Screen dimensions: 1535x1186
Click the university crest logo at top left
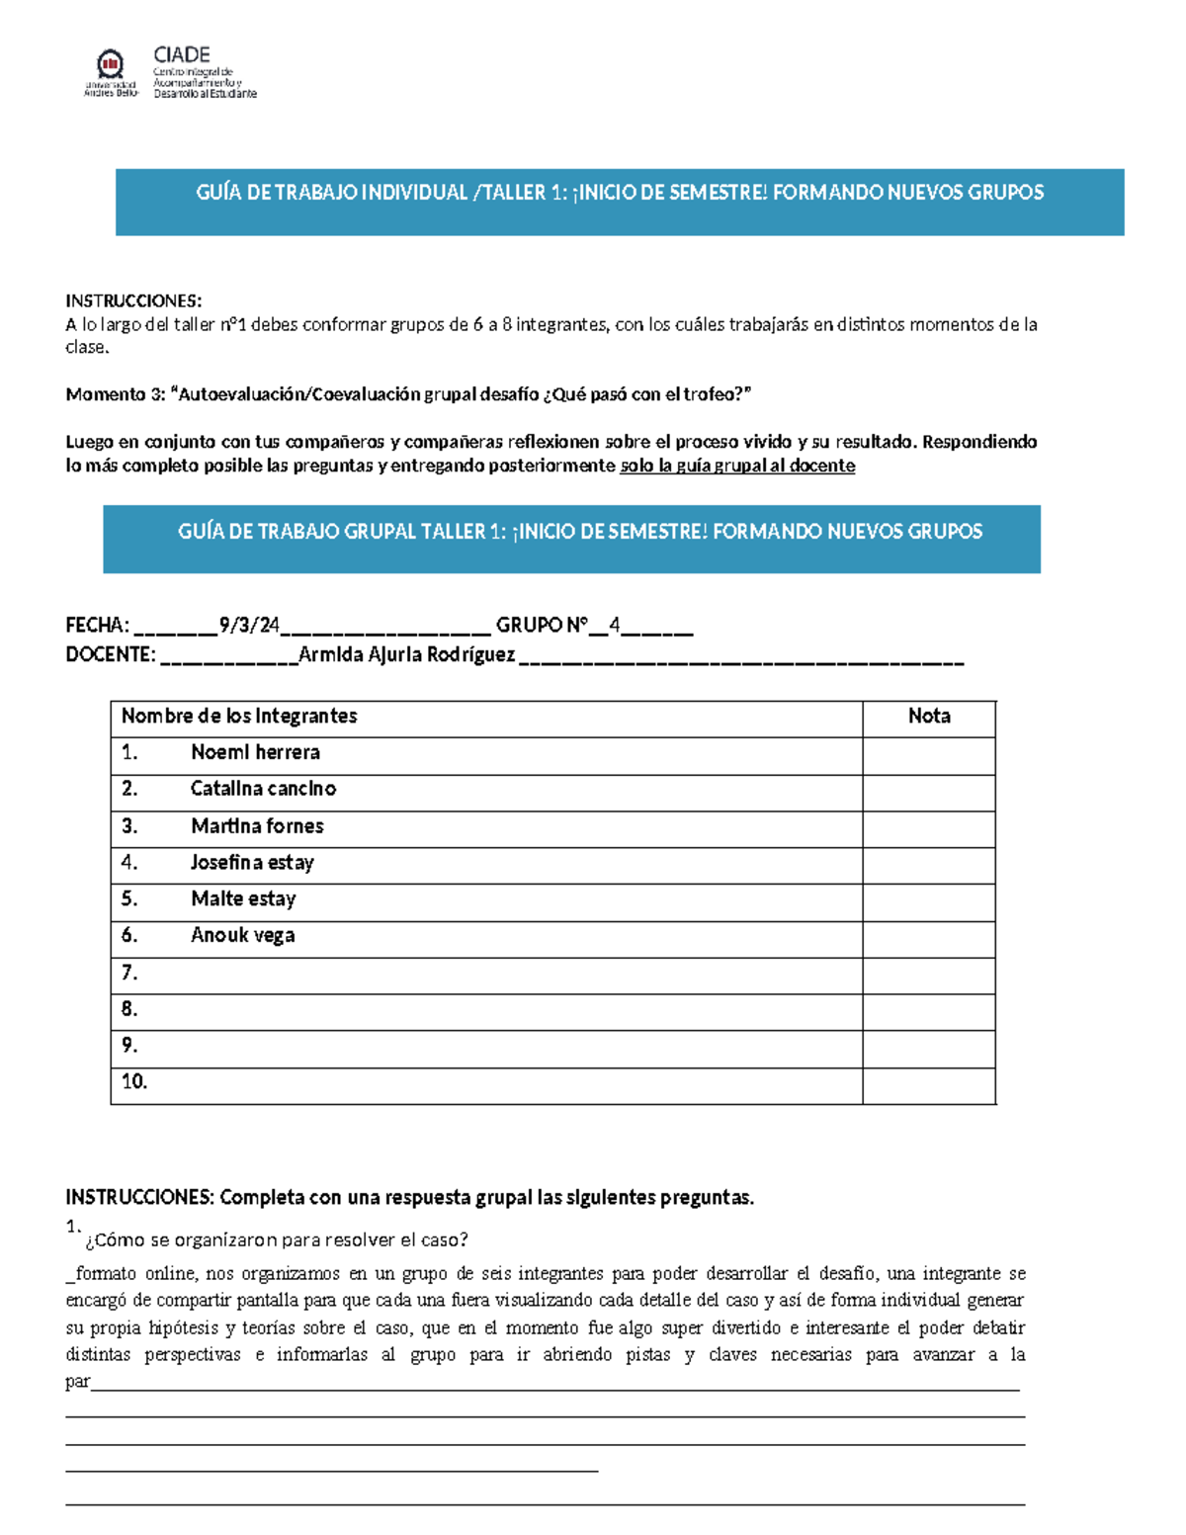110,66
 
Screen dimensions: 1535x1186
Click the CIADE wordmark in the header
182,55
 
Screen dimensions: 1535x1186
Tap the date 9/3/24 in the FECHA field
250,625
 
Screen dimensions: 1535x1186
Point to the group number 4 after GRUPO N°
615,625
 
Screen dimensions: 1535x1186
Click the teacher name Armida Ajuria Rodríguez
406,654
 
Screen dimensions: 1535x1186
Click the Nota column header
929,717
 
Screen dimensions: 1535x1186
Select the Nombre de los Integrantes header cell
239,717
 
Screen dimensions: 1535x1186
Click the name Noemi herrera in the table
255,753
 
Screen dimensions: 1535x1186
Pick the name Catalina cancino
263,789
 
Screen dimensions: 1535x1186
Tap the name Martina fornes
257,826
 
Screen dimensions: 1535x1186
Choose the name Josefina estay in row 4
252,863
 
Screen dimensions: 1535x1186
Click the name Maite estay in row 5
243,899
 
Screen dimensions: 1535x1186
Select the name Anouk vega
242,936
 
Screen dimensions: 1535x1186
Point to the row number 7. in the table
129,974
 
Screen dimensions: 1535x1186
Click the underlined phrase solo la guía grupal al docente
737,466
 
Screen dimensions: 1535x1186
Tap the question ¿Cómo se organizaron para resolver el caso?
277,1240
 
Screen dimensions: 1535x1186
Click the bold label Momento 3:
115,394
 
